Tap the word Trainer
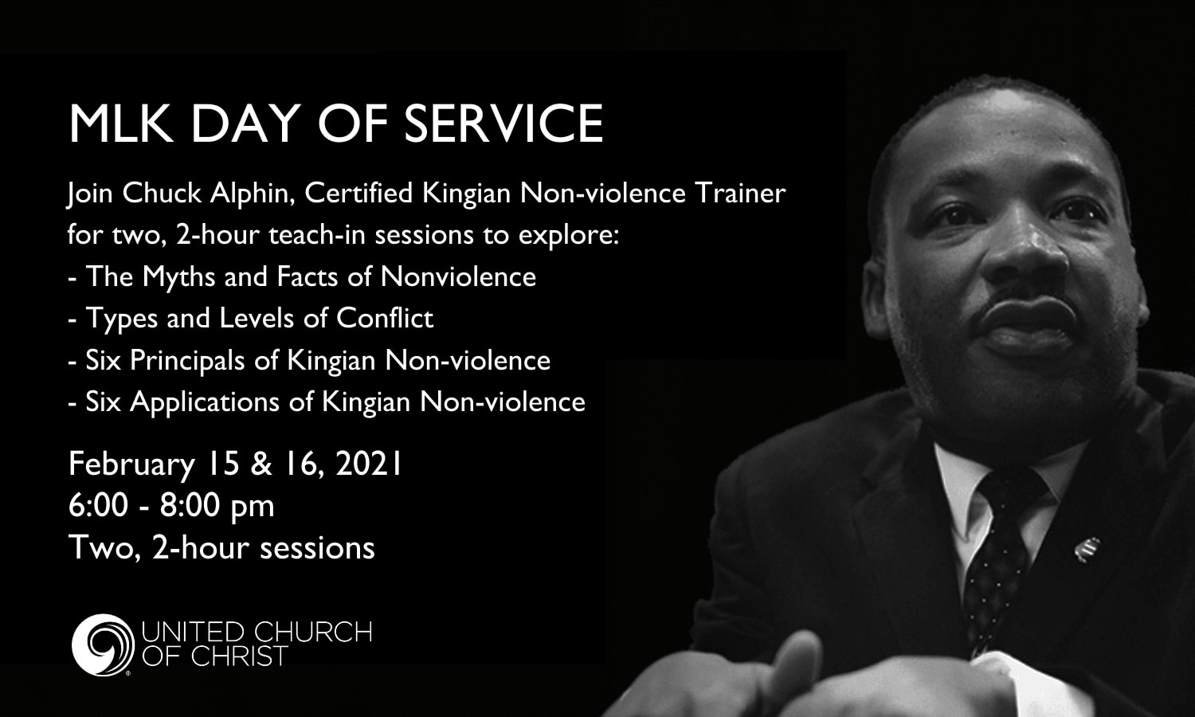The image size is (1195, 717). point(740,194)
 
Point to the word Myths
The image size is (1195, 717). point(179,277)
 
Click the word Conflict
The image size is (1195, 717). point(385,319)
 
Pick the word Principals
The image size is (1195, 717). point(186,360)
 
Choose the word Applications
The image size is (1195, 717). point(205,402)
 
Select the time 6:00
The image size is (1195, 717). point(99,506)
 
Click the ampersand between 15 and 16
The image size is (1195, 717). point(261,464)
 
